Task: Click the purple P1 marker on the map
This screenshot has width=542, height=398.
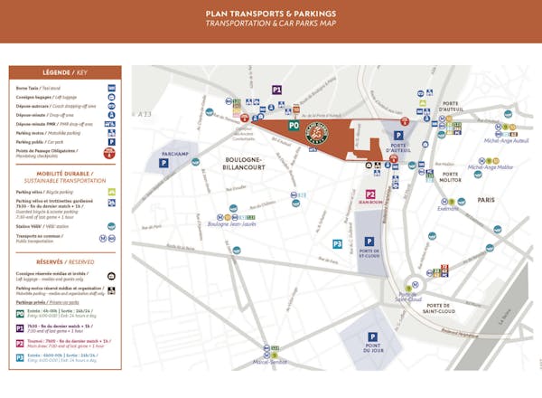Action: [277, 90]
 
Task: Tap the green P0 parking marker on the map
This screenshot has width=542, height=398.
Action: [294, 127]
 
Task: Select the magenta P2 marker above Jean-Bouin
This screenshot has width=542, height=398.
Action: [370, 194]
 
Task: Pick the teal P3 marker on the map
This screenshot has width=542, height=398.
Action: [337, 243]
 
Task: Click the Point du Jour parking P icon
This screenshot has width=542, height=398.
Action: [371, 332]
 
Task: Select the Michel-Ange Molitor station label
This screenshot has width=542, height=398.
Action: [490, 166]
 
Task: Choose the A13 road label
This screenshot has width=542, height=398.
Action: [145, 114]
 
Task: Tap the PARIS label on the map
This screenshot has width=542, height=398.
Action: [487, 200]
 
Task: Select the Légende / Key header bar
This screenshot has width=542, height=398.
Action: [65, 72]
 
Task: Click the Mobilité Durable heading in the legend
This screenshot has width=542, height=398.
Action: [65, 173]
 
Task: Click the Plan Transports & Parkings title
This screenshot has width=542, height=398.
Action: [271, 14]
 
